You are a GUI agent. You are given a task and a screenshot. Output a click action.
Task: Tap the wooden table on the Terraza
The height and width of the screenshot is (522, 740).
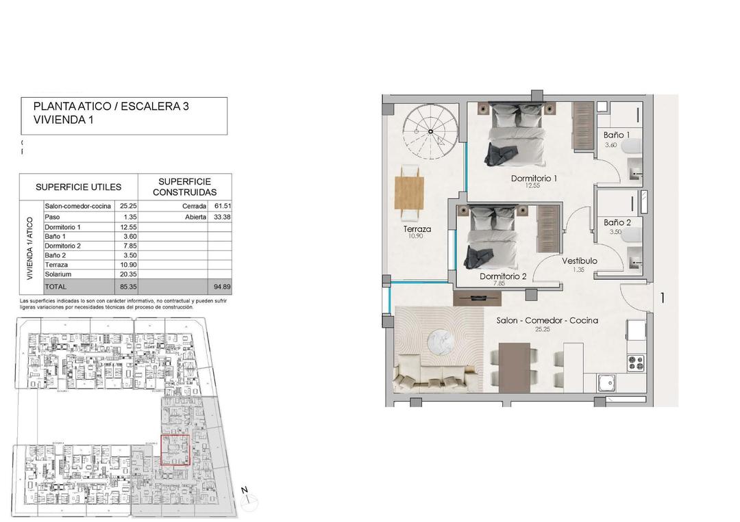410,192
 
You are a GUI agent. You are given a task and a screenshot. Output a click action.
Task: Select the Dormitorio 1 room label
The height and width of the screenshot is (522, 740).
534,179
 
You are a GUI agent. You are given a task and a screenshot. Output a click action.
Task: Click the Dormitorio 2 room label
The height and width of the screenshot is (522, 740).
502,277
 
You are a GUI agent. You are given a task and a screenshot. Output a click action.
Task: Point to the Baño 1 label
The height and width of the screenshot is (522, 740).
616,135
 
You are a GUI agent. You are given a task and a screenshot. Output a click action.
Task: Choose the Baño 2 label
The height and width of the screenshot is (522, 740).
617,222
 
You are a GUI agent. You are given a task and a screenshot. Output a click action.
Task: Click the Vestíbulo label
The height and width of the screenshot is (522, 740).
580,261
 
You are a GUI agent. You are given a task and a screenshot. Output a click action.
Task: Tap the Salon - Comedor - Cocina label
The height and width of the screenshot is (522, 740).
547,320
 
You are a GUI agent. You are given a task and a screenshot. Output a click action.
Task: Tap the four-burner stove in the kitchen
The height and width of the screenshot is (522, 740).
636,361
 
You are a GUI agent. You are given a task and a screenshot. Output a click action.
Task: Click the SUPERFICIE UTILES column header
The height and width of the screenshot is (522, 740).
78,187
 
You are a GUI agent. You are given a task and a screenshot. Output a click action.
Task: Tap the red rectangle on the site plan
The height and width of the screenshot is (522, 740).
175,450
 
